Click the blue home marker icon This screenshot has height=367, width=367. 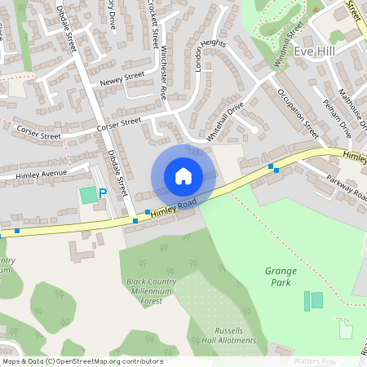183,176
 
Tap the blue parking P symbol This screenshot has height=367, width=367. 102,193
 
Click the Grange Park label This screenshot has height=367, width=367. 281,276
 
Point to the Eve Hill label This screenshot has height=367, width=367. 316,51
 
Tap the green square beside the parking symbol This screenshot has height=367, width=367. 87,196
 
